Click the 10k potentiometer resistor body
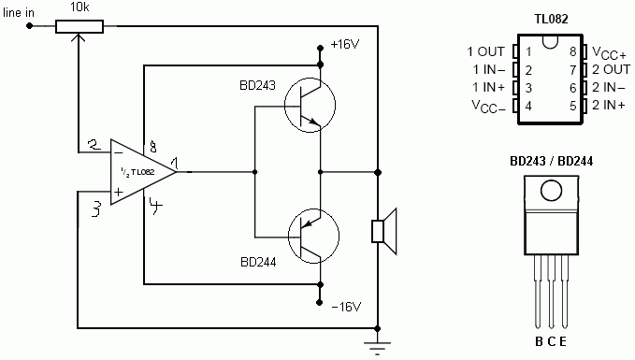click(79, 26)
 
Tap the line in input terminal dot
click(29, 26)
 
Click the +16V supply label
click(345, 44)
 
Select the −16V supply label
click(346, 307)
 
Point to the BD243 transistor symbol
click(310, 105)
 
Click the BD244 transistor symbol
click(313, 236)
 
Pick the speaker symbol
click(384, 231)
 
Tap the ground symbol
click(378, 348)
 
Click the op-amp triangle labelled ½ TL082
click(143, 172)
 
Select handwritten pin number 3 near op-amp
click(96, 209)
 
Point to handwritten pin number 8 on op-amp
click(152, 146)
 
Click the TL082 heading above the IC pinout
click(551, 19)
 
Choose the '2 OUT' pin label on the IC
click(611, 69)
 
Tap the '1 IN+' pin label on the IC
click(489, 87)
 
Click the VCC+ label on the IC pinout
click(609, 53)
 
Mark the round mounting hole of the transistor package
click(551, 191)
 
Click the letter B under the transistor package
click(539, 341)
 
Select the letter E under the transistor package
click(563, 341)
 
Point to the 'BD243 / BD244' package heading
click(551, 161)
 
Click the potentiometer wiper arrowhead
click(79, 37)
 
